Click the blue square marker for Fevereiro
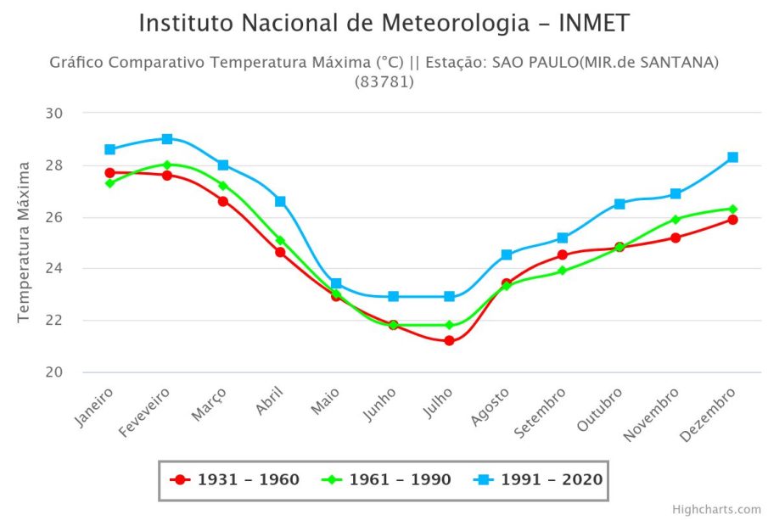(167, 138)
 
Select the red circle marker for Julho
(449, 341)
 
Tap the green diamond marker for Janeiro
(110, 183)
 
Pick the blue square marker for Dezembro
(732, 157)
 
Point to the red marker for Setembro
(562, 254)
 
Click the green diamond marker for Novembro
(676, 219)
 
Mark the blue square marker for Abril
(280, 201)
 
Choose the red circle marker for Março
(223, 201)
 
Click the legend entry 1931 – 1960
(236, 480)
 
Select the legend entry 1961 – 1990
(387, 480)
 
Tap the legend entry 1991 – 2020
(539, 480)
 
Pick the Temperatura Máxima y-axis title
(25, 242)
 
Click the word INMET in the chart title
(594, 24)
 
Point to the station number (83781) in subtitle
(384, 82)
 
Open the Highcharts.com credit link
(716, 509)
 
